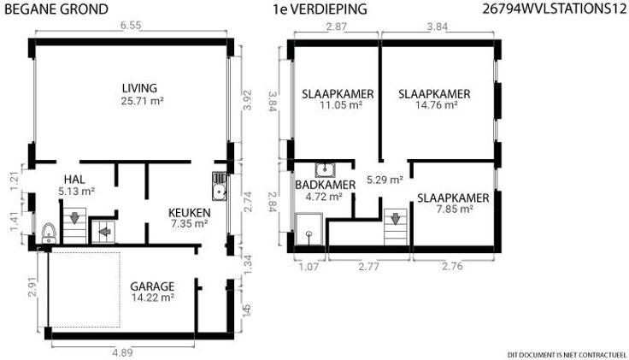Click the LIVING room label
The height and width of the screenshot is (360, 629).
click(139, 88)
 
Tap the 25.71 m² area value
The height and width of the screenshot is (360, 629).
click(142, 101)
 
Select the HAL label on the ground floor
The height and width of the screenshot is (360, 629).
click(74, 180)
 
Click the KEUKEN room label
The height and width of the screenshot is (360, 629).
click(190, 213)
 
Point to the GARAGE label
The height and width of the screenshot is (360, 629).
click(152, 286)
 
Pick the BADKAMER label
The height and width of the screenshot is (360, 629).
click(326, 185)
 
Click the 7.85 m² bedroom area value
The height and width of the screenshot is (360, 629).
click(455, 210)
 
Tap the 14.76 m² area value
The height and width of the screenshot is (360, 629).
click(437, 105)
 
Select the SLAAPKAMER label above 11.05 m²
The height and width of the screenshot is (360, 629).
click(338, 94)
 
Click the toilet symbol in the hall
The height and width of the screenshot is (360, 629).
click(49, 233)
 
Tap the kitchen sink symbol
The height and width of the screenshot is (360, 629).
click(219, 186)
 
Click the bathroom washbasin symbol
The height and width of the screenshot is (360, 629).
click(325, 170)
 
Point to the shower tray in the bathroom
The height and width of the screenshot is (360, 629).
click(309, 228)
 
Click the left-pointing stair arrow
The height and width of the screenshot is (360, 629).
click(105, 232)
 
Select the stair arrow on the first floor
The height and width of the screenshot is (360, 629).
click(396, 219)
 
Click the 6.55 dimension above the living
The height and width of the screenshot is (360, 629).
click(131, 25)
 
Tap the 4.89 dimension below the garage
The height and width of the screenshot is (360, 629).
click(122, 353)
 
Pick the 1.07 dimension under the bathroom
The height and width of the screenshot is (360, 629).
click(309, 266)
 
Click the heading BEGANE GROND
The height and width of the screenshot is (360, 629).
click(56, 9)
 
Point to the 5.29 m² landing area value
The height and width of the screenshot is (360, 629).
click(385, 180)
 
